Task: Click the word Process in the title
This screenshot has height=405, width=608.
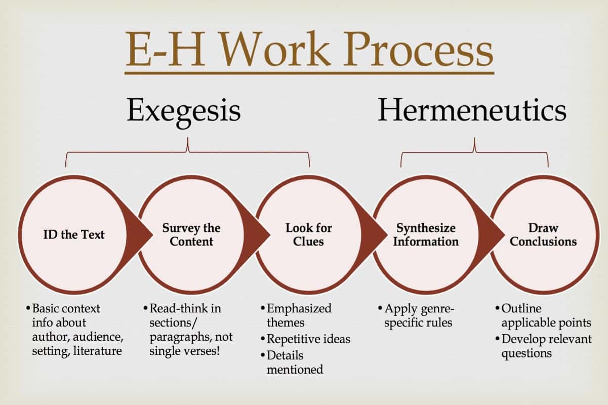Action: click(418, 49)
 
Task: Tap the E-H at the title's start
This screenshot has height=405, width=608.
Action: click(166, 49)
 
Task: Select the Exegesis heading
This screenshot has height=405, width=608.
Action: click(184, 111)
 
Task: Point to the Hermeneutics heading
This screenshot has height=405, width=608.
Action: click(472, 109)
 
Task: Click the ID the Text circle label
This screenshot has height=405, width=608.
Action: click(74, 234)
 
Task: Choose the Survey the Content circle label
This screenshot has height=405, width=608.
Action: click(191, 234)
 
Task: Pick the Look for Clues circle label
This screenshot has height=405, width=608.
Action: click(309, 234)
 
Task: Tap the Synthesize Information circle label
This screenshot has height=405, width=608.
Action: click(426, 234)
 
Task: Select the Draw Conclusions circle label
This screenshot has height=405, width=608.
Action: click(543, 234)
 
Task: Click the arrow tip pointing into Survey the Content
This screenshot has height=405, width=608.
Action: click(153, 235)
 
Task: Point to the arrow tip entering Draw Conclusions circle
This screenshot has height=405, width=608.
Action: click(505, 235)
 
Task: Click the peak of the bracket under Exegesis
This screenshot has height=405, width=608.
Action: click(187, 138)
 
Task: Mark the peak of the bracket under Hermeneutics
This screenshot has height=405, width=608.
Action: click(474, 138)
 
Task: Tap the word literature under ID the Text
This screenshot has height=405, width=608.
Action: click(97, 351)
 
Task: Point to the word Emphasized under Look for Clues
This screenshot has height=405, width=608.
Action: click(299, 309)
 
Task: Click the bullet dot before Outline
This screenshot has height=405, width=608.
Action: click(497, 308)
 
